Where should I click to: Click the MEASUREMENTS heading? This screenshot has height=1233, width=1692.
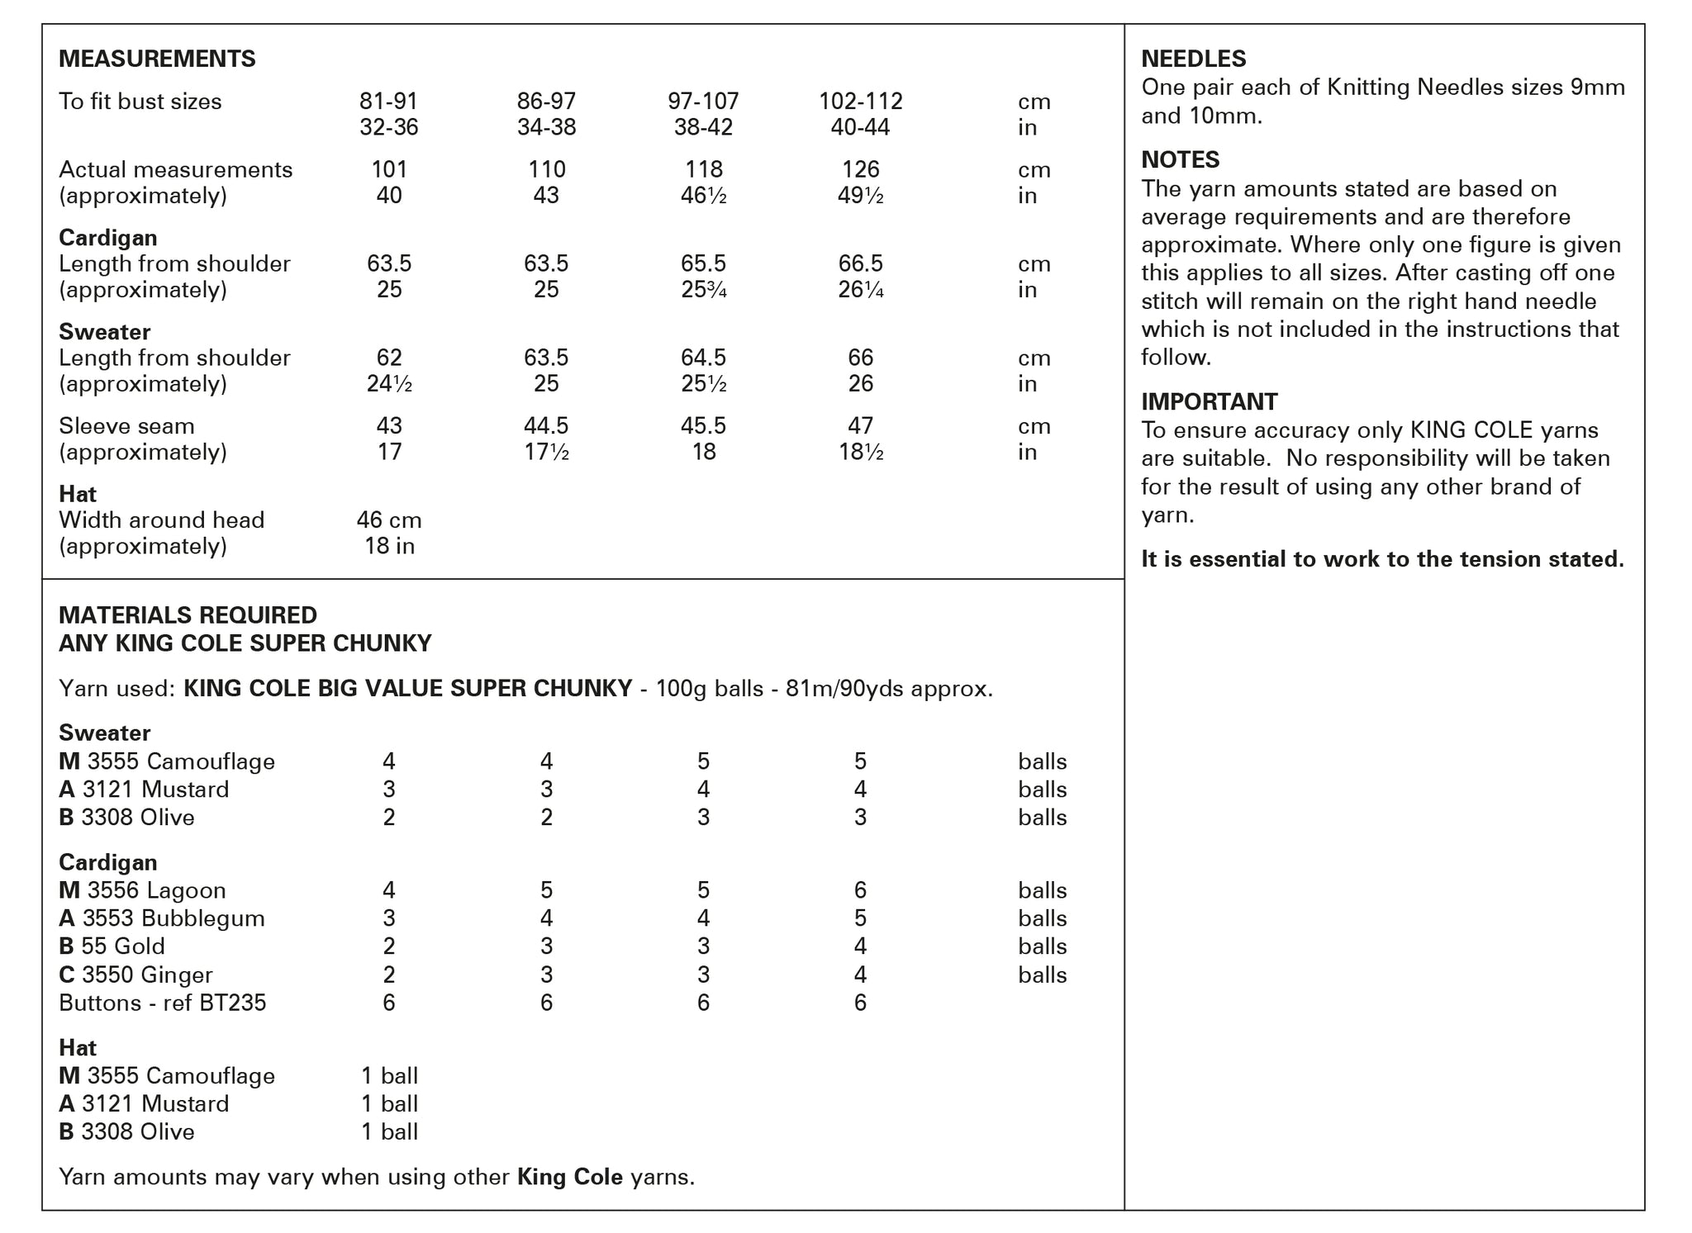click(157, 59)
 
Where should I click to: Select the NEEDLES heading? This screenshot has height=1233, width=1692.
click(1193, 59)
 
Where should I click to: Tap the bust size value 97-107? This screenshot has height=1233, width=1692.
click(703, 102)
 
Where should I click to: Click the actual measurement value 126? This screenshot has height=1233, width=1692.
click(860, 169)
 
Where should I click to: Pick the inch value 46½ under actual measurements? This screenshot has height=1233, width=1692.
click(703, 196)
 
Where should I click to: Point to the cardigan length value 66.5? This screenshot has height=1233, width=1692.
click(860, 263)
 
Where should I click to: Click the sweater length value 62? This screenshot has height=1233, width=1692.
click(389, 358)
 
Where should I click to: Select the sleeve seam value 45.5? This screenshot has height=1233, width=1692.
click(703, 426)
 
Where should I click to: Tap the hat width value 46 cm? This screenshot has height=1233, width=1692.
click(389, 520)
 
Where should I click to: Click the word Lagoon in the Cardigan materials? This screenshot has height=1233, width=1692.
click(186, 890)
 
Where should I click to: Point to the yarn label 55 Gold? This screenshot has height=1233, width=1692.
click(123, 946)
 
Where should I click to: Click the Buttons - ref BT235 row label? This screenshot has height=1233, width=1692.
click(163, 1003)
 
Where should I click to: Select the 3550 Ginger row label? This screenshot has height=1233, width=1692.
click(147, 975)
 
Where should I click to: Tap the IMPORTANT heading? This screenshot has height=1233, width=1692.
click(1209, 401)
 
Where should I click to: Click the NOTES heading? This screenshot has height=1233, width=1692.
click(1180, 159)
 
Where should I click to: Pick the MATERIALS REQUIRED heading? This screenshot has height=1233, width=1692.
click(188, 615)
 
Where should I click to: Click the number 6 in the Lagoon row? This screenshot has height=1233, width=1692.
click(860, 890)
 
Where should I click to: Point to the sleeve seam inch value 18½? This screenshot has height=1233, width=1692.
click(860, 453)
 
